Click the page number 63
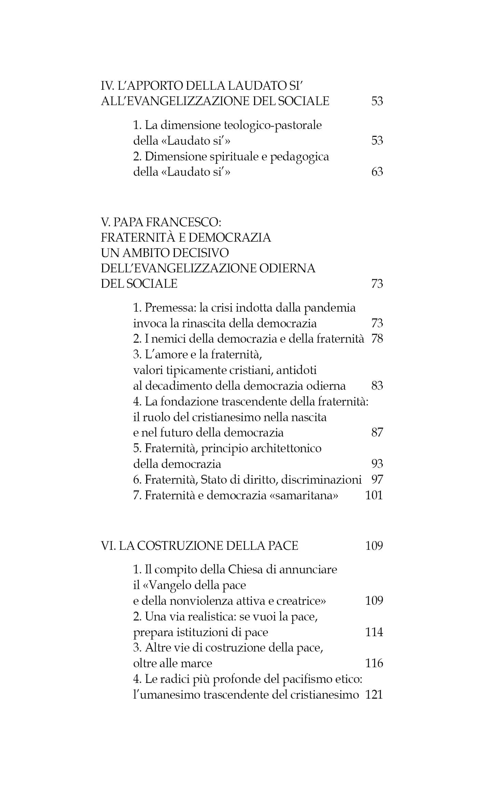pyautogui.click(x=377, y=171)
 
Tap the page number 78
pyautogui.click(x=377, y=339)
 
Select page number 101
pyautogui.click(x=374, y=495)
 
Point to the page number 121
pyautogui.click(x=374, y=695)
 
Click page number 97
pyautogui.click(x=377, y=480)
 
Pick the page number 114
pyautogui.click(x=374, y=632)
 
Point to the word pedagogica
pyautogui.click(x=299, y=157)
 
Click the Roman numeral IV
pyautogui.click(x=107, y=85)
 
